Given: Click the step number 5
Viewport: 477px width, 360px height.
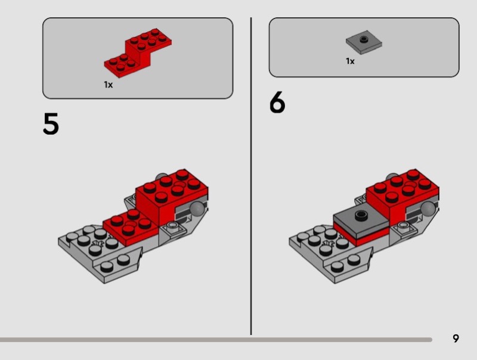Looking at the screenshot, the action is [x=51, y=123].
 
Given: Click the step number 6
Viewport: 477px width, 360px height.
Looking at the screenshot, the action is [x=277, y=102].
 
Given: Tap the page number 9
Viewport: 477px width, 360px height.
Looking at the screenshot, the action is [x=456, y=338].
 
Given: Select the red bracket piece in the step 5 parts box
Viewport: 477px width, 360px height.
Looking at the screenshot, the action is [x=138, y=53].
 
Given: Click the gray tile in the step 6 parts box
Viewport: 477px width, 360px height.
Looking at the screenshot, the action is [x=364, y=42].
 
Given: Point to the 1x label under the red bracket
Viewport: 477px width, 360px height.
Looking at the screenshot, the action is [x=109, y=85].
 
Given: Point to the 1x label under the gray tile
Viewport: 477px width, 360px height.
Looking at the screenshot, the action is [x=350, y=61].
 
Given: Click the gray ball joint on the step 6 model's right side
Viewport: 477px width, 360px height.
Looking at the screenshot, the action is [x=428, y=209].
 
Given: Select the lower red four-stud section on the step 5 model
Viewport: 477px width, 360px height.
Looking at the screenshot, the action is [x=131, y=227].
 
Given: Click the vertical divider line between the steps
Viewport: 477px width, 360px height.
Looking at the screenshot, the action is [x=251, y=176].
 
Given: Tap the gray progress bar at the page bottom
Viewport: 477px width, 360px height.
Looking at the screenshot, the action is [x=216, y=340].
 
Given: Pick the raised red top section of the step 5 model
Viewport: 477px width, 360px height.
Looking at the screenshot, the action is [x=172, y=197].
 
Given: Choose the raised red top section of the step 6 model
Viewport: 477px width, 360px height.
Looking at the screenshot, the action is [x=402, y=197].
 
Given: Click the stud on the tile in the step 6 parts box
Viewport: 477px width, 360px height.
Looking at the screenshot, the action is [x=363, y=39].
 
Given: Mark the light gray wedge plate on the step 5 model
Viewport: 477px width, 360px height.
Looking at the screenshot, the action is [x=100, y=254].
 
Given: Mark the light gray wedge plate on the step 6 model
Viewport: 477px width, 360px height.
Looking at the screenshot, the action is [x=331, y=254].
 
